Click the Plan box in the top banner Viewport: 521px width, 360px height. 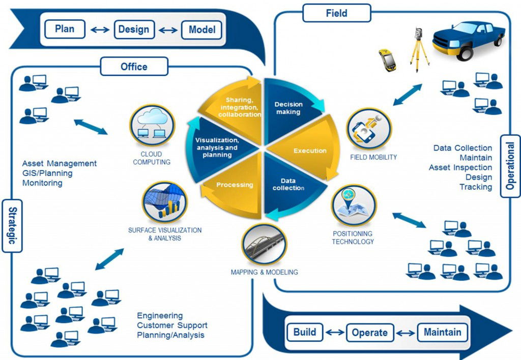65,29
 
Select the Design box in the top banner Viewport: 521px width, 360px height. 134,29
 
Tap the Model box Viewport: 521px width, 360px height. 202,29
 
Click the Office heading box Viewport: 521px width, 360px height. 134,66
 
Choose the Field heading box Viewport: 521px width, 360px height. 336,13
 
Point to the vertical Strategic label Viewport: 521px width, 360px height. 12,225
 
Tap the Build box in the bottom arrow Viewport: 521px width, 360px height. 305,333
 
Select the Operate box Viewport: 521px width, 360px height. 370,333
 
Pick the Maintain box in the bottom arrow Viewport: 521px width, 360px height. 442,333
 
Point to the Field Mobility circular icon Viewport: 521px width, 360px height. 369,129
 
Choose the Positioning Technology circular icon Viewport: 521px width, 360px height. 354,205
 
